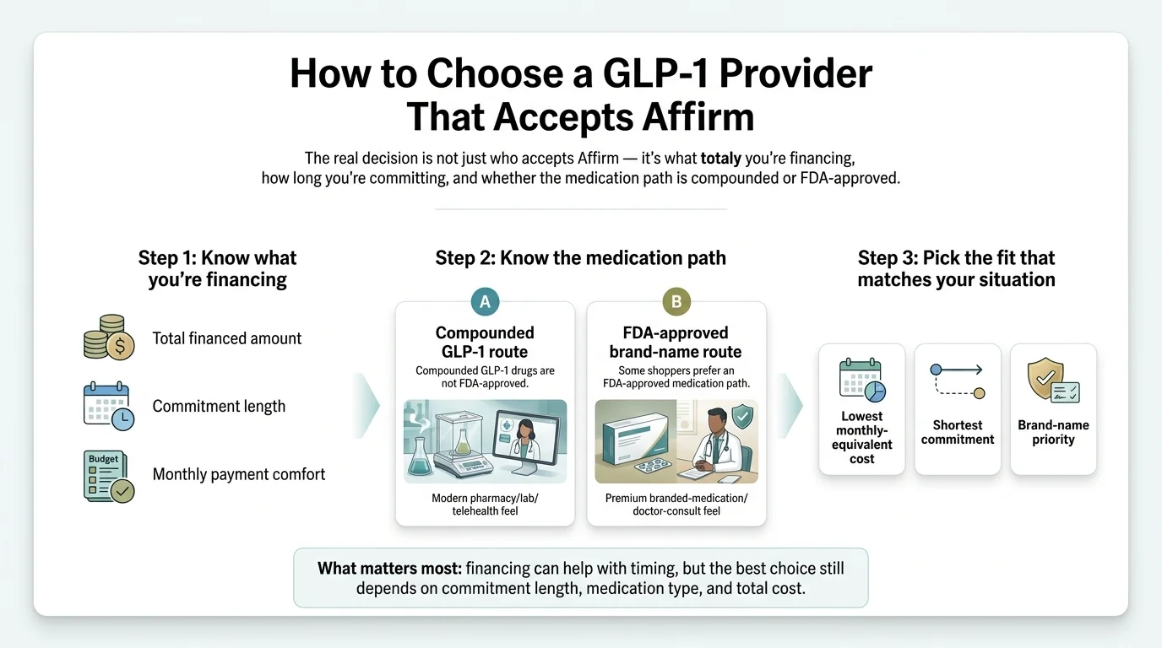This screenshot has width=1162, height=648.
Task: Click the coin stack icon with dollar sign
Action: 109,337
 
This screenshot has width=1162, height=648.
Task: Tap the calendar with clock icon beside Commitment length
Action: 109,406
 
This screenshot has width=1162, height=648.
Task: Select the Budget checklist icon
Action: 109,476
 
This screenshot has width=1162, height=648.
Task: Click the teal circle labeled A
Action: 485,301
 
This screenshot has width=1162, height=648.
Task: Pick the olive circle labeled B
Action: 676,301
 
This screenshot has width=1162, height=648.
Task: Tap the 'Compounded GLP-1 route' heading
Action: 485,342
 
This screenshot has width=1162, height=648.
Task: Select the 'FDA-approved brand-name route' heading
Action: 676,342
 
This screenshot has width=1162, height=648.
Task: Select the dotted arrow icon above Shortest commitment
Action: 957,381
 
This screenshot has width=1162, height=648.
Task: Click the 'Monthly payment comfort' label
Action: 239,474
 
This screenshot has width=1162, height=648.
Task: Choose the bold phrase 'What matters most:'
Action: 389,568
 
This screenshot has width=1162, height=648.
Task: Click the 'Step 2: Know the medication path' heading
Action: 580,258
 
